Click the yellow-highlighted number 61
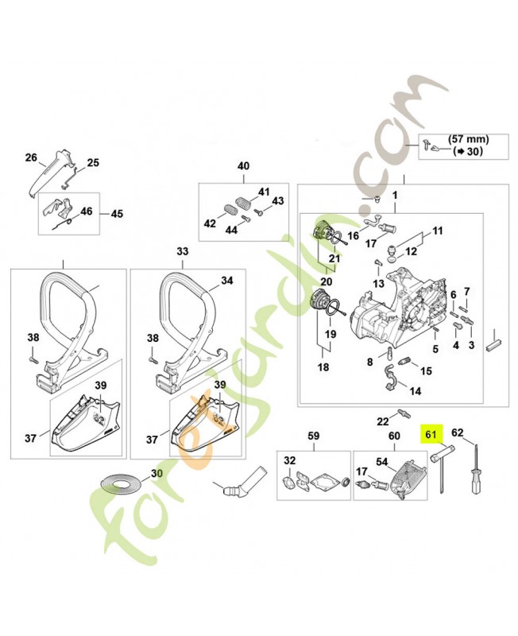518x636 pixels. point(431,435)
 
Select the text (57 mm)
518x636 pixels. point(468,138)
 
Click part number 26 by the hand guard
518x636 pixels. point(31,157)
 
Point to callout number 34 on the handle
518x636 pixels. point(226,281)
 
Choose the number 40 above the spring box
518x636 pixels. point(243,166)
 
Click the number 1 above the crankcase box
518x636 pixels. point(394,196)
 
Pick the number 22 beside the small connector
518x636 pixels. point(382,421)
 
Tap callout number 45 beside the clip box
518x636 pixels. point(117,214)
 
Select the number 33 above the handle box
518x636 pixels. point(183,251)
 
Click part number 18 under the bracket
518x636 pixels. point(323,368)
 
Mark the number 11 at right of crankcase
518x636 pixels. point(436,231)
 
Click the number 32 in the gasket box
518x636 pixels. point(289,461)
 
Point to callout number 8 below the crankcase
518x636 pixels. point(369,363)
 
